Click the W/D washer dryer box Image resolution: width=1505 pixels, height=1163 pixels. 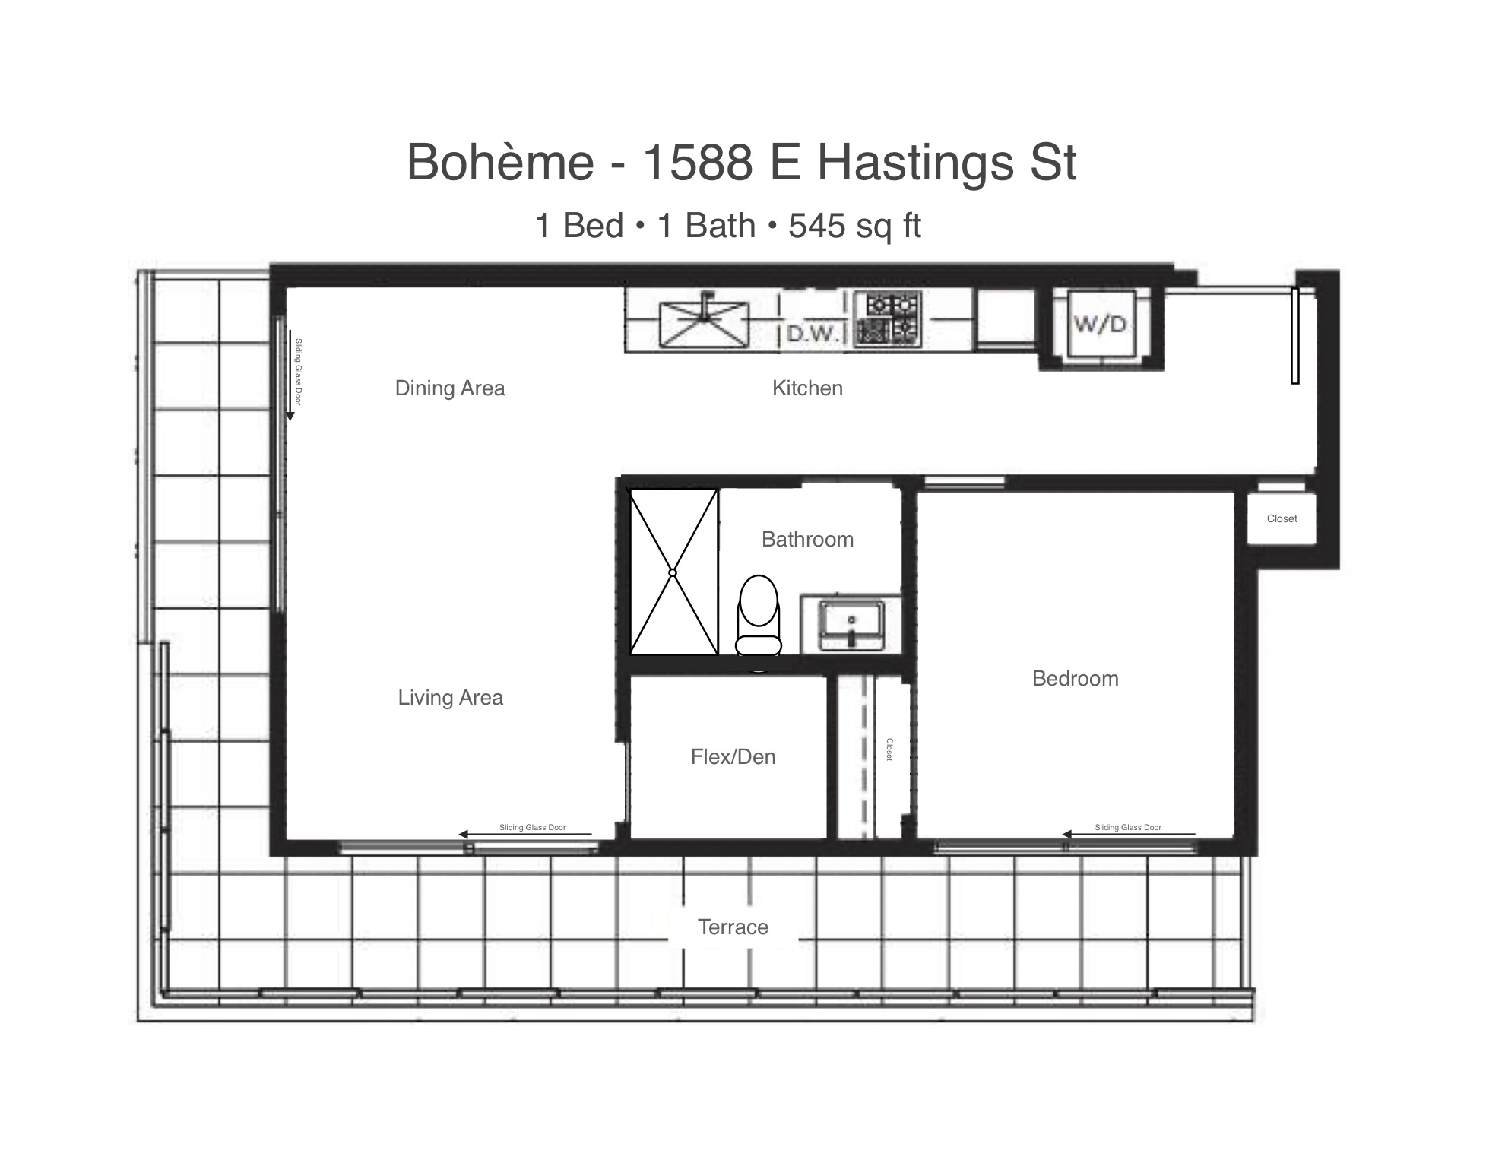(1101, 325)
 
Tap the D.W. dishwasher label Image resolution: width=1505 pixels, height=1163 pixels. (813, 333)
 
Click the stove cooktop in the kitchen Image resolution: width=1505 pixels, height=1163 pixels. (889, 319)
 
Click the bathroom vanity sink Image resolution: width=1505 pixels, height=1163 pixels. (851, 625)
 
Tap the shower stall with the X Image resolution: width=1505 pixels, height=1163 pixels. (673, 572)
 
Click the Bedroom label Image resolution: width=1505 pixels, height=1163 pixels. (1076, 678)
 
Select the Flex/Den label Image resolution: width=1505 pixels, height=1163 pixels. (733, 756)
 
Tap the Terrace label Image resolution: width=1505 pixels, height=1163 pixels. (733, 927)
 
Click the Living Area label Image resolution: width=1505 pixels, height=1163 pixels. (450, 698)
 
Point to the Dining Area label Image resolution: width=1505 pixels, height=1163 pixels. (450, 388)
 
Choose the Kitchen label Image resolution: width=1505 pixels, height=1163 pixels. (807, 388)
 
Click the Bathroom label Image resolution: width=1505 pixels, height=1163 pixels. (807, 540)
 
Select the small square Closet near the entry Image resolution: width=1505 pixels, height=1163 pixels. (1282, 518)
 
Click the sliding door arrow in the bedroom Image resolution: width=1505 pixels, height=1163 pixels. (1128, 834)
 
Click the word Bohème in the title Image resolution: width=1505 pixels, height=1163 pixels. (500, 162)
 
